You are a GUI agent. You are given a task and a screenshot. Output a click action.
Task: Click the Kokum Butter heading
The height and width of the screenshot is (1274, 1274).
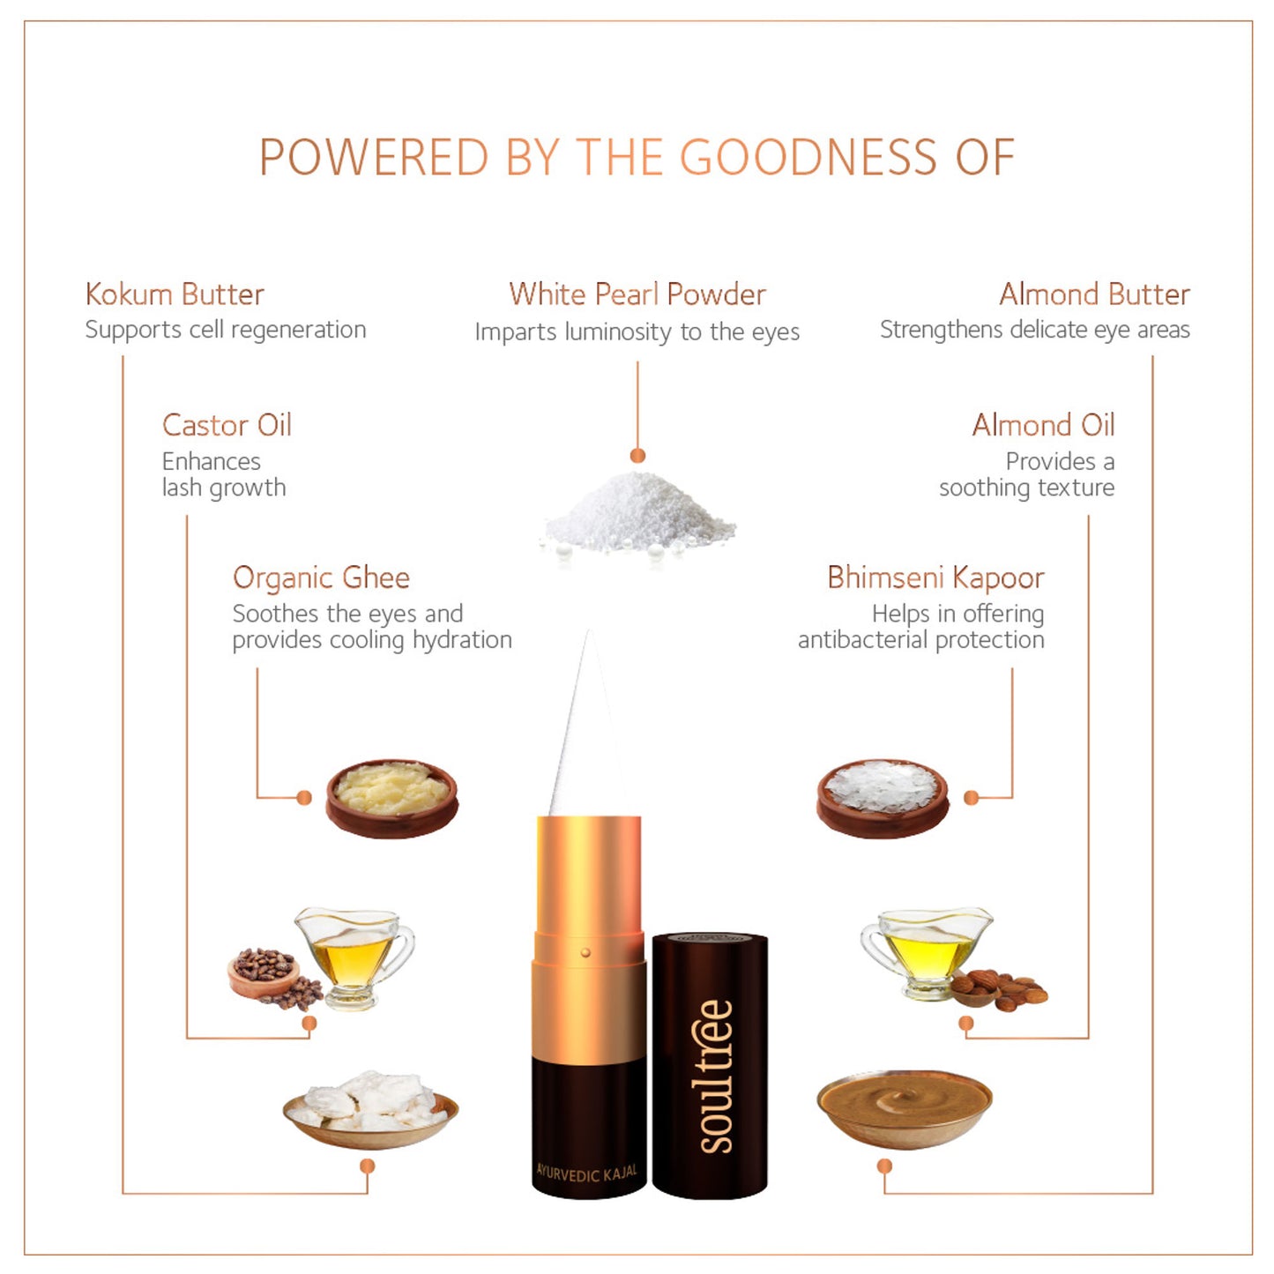[175, 294]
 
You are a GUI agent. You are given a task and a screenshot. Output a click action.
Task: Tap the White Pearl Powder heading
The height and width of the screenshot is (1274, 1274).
[637, 294]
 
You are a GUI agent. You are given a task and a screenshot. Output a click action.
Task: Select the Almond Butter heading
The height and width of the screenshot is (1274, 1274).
[1094, 294]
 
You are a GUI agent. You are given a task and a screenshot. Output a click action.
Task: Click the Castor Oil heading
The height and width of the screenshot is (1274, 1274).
[227, 425]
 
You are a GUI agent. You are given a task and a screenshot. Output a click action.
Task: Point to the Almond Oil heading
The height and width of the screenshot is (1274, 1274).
[1043, 425]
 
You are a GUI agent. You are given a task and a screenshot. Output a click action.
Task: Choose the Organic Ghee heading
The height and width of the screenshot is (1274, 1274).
[321, 577]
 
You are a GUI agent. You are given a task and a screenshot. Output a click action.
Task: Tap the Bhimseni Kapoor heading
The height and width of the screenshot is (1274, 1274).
[935, 577]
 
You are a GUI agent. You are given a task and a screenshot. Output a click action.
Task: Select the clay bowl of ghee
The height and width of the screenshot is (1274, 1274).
[391, 798]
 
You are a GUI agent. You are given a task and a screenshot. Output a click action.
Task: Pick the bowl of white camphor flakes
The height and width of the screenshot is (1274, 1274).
[883, 798]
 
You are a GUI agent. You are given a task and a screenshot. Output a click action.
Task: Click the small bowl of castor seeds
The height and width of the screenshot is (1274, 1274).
[263, 972]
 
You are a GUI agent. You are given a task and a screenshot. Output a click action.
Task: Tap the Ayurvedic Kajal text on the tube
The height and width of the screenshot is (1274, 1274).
[586, 1173]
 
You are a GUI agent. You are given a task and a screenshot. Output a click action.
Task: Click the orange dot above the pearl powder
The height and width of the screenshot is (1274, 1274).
[637, 456]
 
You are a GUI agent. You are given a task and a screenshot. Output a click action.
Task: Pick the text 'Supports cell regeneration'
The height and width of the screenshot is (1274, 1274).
[226, 330]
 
